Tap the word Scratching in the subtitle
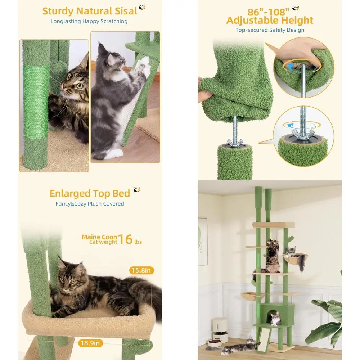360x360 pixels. click(114, 21)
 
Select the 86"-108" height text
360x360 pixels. click(268, 12)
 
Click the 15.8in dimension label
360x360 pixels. click(141, 270)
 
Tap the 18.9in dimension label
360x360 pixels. click(90, 343)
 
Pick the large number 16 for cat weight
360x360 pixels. click(125, 239)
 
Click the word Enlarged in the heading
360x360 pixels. click(70, 194)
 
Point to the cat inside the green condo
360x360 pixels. click(275, 319)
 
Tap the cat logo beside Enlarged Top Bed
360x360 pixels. click(137, 190)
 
